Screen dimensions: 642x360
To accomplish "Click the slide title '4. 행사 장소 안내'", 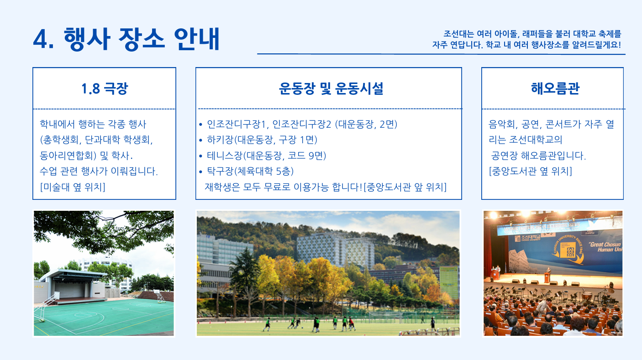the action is tap(126, 39).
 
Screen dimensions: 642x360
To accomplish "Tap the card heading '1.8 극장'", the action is tap(104, 88).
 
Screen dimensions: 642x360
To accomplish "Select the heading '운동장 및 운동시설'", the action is tap(331, 88).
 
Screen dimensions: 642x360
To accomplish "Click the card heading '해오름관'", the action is tap(555, 88).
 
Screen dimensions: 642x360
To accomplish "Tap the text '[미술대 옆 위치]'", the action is tap(73, 187).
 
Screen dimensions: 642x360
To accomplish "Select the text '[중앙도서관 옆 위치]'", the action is tap(530, 171).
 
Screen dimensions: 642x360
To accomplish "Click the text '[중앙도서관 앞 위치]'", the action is tap(405, 187).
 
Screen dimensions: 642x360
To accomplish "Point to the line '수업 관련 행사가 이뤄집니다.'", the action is tap(99, 171).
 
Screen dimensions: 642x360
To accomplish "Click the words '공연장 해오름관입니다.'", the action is tap(538, 156).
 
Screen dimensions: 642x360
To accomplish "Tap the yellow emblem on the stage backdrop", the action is tap(568, 250).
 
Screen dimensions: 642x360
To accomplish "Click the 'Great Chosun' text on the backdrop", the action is tap(605, 244).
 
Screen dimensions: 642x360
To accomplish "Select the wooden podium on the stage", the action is tap(547, 277).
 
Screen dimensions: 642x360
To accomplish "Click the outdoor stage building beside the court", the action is tap(72, 286).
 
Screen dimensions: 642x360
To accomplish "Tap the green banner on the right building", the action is tap(449, 282).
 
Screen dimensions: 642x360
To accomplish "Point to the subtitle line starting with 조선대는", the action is tap(532, 34).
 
